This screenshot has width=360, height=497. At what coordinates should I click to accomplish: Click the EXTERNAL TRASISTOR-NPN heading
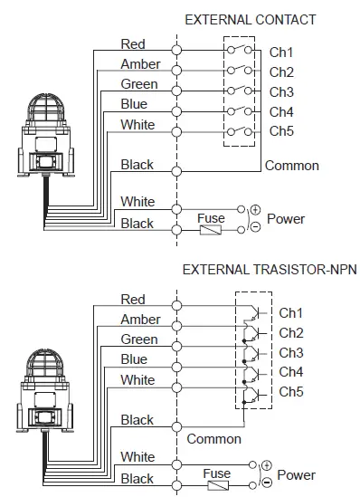(x=270, y=270)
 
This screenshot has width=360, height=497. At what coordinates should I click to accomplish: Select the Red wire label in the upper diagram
(x=133, y=43)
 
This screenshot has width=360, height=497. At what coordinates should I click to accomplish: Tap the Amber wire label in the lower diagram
(x=140, y=320)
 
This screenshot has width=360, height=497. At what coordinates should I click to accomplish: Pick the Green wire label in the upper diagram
(x=138, y=84)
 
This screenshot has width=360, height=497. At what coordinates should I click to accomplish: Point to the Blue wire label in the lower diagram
(x=134, y=359)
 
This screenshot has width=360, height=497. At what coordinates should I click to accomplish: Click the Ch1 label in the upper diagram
(x=281, y=53)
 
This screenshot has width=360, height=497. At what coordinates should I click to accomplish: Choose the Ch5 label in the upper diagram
(x=281, y=130)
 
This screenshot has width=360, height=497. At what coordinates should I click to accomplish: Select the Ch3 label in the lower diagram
(x=291, y=352)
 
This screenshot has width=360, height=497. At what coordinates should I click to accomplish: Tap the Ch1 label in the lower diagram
(x=291, y=312)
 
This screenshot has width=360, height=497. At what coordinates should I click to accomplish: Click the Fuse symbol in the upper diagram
(x=211, y=230)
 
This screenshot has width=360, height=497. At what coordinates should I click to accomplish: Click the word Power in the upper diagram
(x=286, y=218)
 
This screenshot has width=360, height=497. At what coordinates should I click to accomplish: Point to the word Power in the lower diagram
(x=296, y=474)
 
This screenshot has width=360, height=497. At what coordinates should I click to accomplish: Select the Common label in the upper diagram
(x=292, y=166)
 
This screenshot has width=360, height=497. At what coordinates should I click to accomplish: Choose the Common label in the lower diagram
(x=214, y=438)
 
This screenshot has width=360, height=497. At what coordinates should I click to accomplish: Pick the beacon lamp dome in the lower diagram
(x=43, y=363)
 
